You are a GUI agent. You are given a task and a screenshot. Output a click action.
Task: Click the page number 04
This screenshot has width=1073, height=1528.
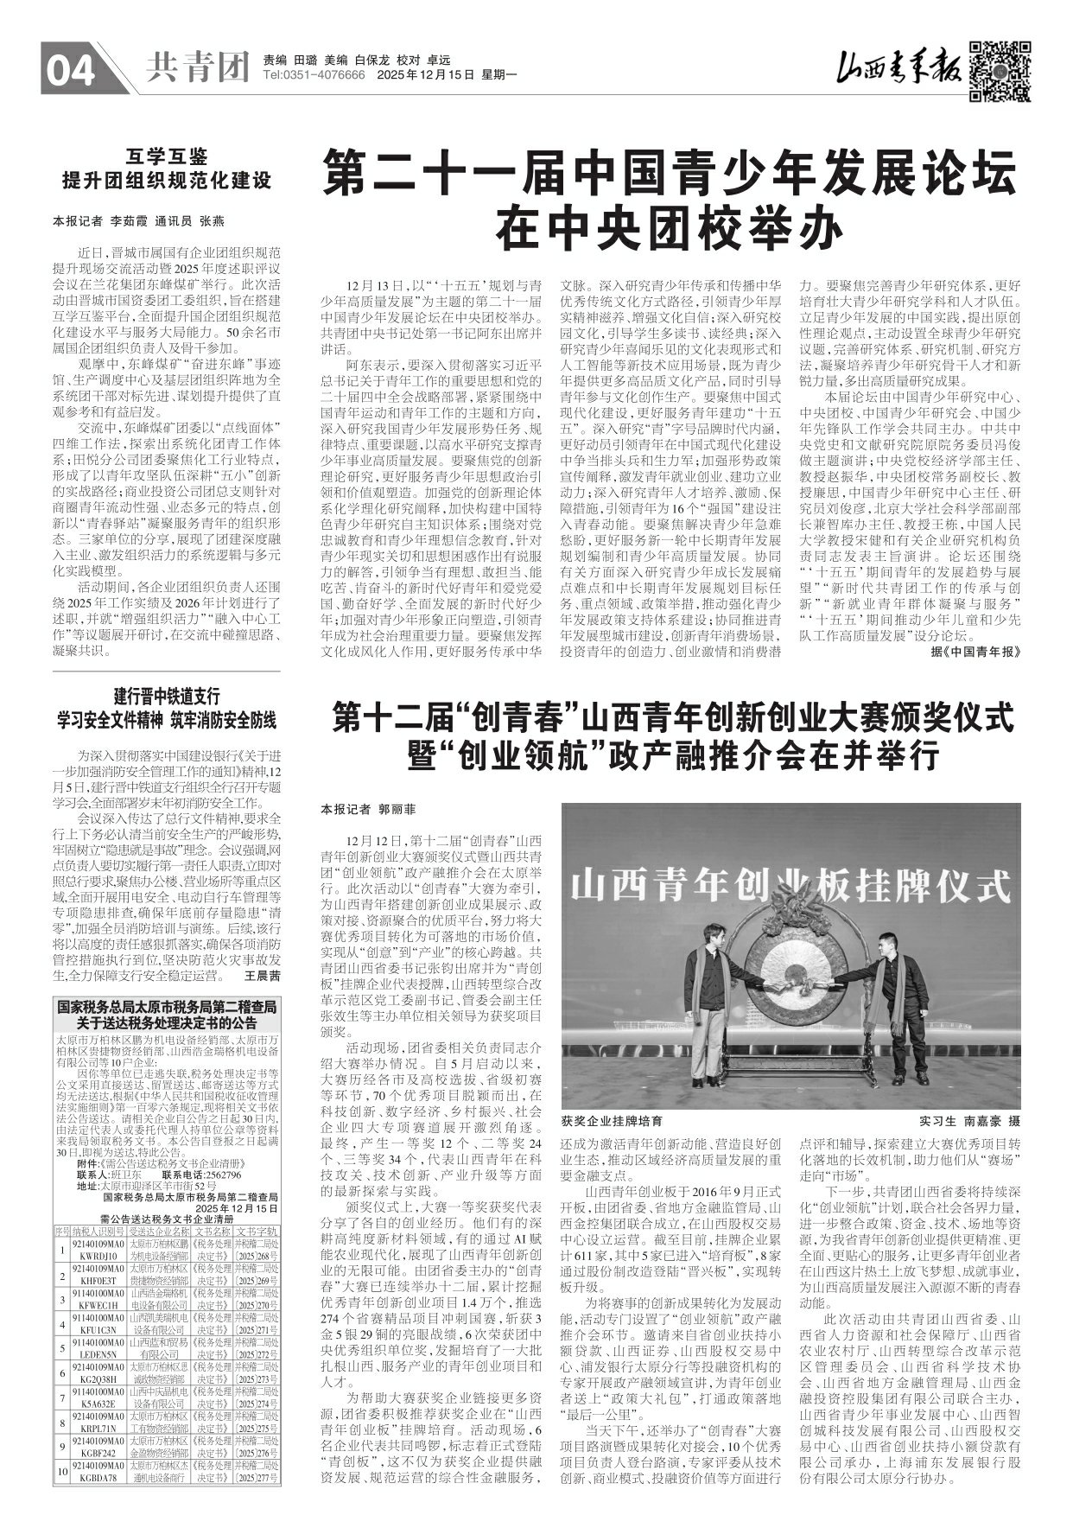point(71,70)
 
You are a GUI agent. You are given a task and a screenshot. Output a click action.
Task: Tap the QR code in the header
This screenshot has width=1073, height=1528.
point(1000,71)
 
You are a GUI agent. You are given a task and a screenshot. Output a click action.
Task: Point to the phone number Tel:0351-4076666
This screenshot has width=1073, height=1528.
point(314,76)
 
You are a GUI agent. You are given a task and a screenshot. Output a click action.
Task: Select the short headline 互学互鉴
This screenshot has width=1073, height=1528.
point(166,156)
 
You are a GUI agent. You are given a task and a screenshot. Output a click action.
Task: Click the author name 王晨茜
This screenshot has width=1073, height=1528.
point(263,975)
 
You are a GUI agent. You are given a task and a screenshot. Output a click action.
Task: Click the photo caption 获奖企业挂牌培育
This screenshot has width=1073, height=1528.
point(612,1120)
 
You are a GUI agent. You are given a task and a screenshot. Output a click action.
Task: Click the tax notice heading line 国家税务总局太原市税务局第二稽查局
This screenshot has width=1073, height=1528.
point(166,1007)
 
